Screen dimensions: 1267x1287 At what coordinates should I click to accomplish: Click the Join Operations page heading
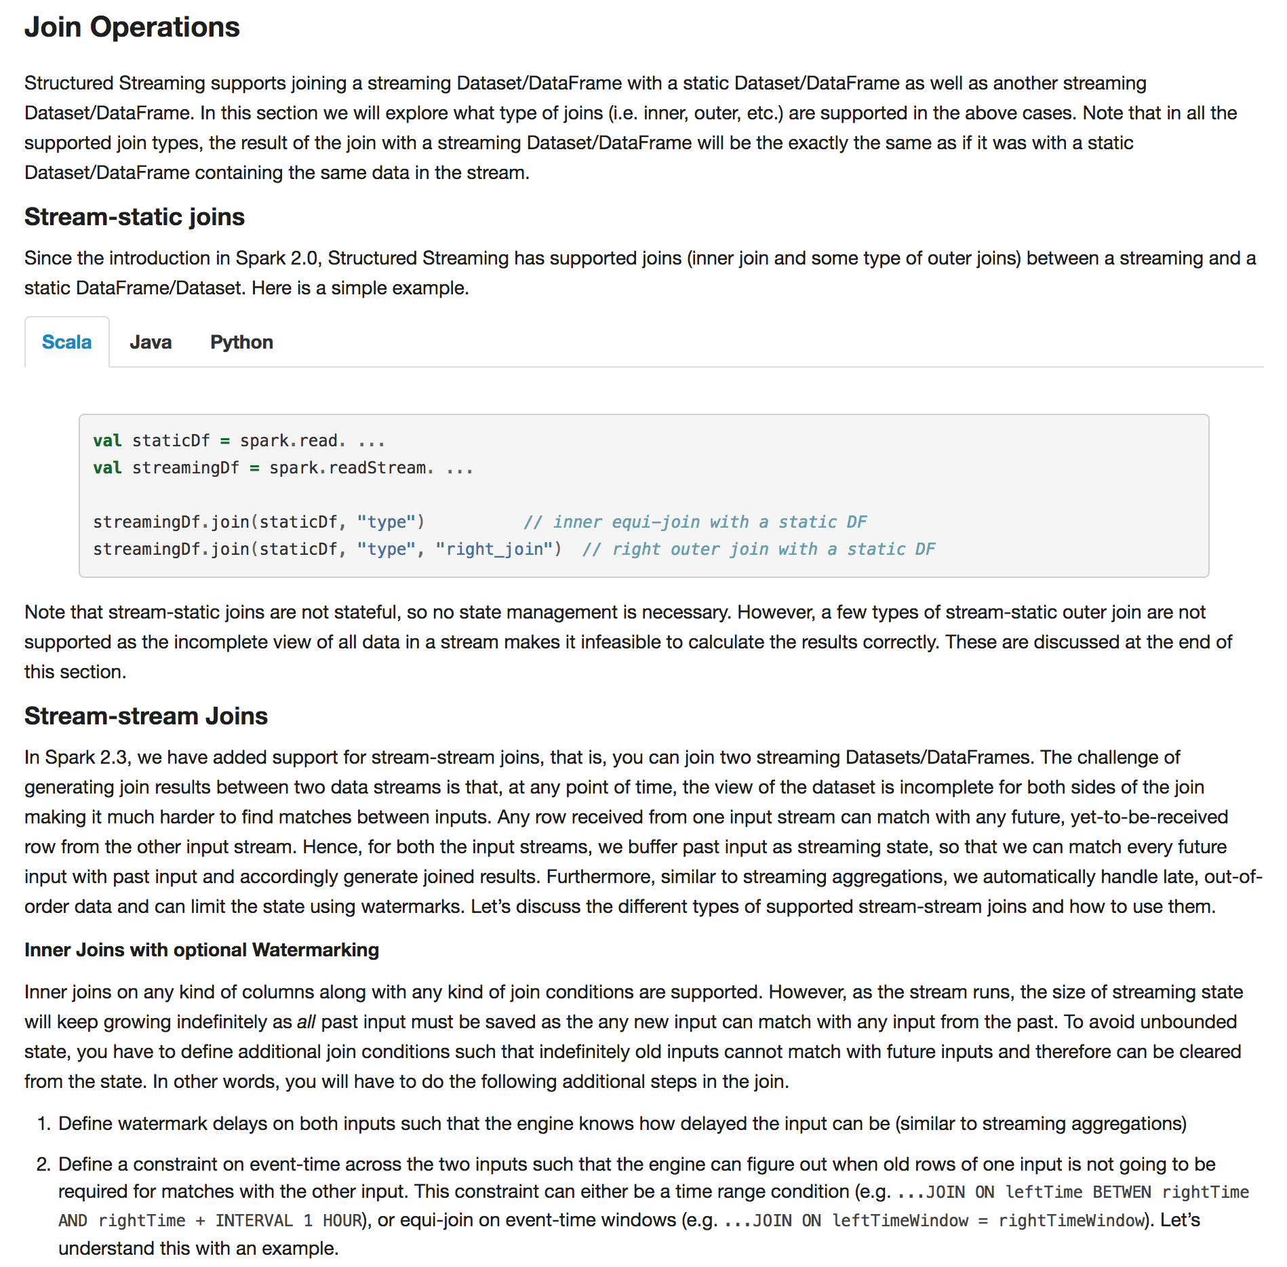[132, 28]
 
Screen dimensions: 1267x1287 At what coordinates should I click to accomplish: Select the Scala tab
[66, 343]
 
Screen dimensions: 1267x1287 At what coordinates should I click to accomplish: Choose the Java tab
[151, 343]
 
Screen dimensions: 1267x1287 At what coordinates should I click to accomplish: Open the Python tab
[241, 343]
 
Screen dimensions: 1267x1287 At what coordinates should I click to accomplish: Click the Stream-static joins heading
[134, 217]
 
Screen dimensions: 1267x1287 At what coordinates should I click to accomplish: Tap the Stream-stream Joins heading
[146, 716]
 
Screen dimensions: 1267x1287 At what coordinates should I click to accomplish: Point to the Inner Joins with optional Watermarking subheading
[201, 950]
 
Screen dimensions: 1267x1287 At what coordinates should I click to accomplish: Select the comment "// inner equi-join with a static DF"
[695, 522]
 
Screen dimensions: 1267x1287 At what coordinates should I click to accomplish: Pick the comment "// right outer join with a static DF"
[758, 549]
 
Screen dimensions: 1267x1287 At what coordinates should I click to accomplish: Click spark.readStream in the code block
[348, 468]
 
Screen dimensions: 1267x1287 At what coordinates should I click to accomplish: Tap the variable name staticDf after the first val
[171, 441]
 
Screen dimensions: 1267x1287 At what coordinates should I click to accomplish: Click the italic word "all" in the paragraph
[306, 1022]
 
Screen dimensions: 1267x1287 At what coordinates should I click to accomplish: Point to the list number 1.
[43, 1124]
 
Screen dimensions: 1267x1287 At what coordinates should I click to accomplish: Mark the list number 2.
[43, 1165]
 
